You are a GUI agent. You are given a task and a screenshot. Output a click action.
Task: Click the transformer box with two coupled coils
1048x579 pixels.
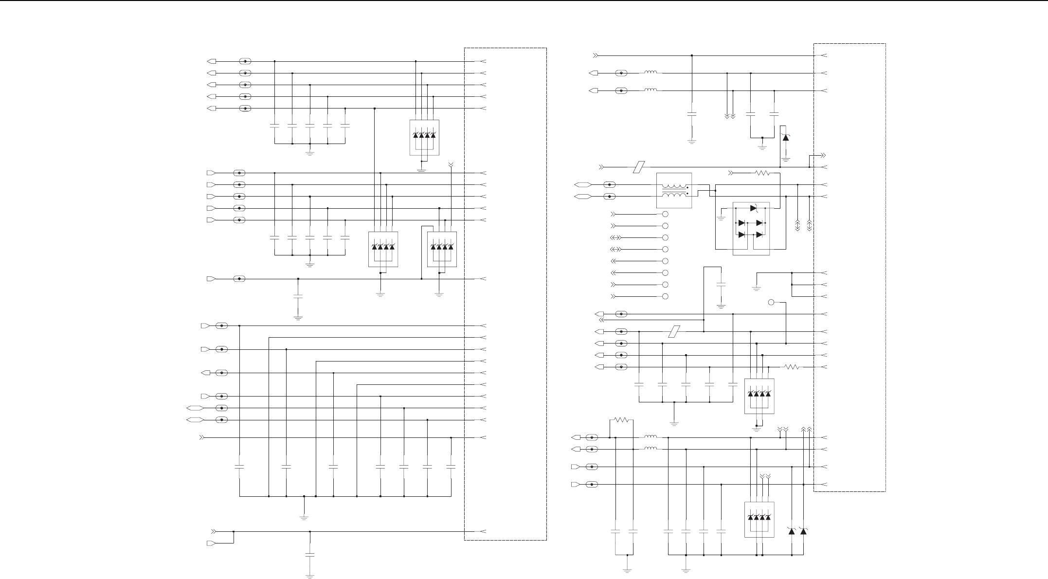[674, 191]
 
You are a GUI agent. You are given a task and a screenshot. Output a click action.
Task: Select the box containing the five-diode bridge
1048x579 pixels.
[751, 228]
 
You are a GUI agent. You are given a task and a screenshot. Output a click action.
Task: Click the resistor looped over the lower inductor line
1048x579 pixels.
[621, 419]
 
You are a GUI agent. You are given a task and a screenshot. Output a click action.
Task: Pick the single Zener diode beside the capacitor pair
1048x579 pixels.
[785, 138]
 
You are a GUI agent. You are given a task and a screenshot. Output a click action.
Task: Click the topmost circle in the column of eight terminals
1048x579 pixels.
[665, 214]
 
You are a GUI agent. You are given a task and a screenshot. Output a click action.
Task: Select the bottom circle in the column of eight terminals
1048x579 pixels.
[665, 296]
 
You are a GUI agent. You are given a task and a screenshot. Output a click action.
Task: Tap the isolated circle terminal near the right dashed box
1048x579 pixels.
[771, 303]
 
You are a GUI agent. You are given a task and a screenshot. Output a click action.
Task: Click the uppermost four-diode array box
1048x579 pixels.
[424, 137]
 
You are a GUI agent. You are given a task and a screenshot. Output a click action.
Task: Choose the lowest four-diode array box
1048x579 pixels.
[759, 520]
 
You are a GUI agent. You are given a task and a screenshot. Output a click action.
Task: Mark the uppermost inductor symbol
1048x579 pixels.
[650, 73]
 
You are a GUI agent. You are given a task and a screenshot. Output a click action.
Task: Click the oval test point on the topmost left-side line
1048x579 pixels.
[245, 61]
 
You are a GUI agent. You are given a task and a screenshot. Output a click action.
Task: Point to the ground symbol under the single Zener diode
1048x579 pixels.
[785, 159]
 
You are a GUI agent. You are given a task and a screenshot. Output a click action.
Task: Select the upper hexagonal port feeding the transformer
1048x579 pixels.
[582, 185]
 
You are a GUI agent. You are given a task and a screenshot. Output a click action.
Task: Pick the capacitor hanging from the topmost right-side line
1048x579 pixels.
[692, 114]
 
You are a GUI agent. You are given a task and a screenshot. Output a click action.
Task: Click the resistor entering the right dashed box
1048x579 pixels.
[792, 367]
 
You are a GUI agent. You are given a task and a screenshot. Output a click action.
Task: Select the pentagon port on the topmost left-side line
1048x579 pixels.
[212, 61]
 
